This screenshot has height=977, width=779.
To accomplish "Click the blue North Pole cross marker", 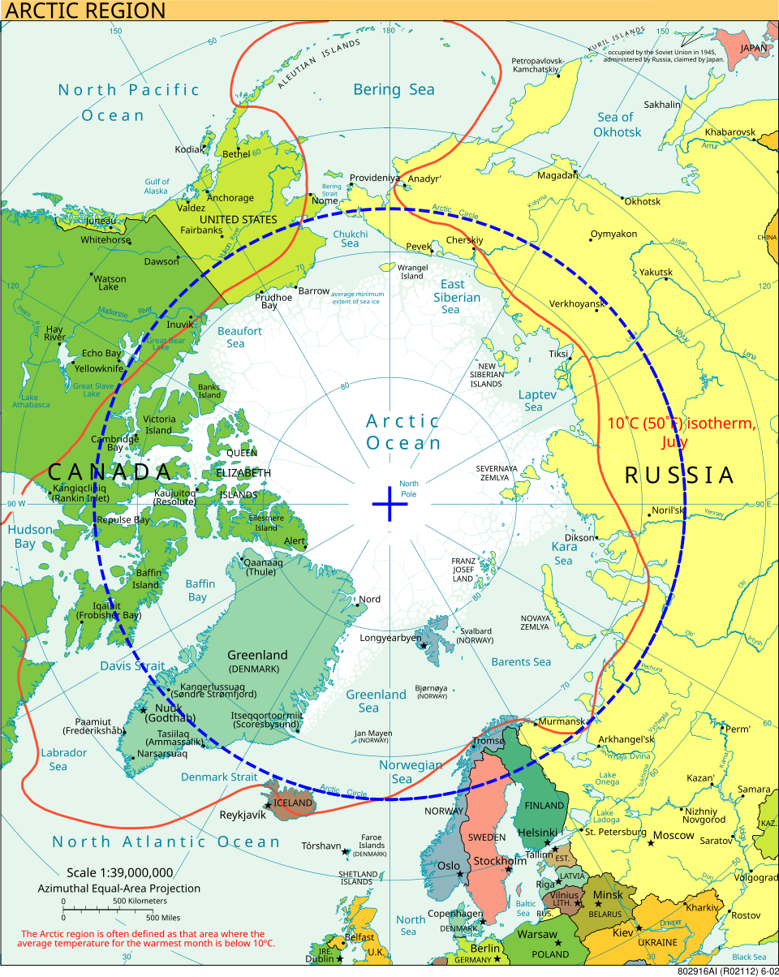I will point(389,504).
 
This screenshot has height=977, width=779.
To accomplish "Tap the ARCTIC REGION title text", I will point(84,11).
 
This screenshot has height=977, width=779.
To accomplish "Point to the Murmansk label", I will point(562,721).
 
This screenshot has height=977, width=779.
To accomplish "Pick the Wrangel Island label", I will point(412,272).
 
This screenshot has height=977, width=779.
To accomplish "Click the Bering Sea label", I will point(394,90).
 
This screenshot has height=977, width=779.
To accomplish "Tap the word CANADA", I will point(110,471).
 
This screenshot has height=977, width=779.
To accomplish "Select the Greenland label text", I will point(257,655).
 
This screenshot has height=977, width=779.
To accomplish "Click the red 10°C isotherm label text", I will point(680,432).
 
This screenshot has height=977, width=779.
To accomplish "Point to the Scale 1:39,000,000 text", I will point(120,873).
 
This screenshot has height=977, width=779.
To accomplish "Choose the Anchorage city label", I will point(230,198).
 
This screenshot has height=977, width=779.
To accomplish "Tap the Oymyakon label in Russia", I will point(613,235).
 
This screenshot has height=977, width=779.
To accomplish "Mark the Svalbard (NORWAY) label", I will point(476,635).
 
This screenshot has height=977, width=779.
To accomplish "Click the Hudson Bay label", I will point(30,536).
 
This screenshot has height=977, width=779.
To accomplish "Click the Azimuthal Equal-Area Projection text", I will point(118,889).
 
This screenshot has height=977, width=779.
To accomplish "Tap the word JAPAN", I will point(753,48).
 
